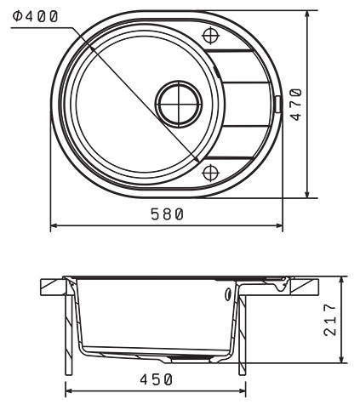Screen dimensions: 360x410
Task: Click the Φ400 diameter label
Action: [35, 17]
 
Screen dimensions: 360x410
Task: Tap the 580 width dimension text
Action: [167, 214]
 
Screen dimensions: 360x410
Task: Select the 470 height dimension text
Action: [297, 105]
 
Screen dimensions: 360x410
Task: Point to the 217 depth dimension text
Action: [330, 320]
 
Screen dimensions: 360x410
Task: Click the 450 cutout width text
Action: [156, 379]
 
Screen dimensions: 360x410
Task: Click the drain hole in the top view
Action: [179, 104]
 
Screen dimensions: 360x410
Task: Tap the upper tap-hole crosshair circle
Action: [211, 36]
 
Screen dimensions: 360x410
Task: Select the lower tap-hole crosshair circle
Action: [211, 172]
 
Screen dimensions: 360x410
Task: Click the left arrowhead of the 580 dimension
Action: [54, 225]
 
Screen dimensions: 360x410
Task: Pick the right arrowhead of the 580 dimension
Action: [279, 225]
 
